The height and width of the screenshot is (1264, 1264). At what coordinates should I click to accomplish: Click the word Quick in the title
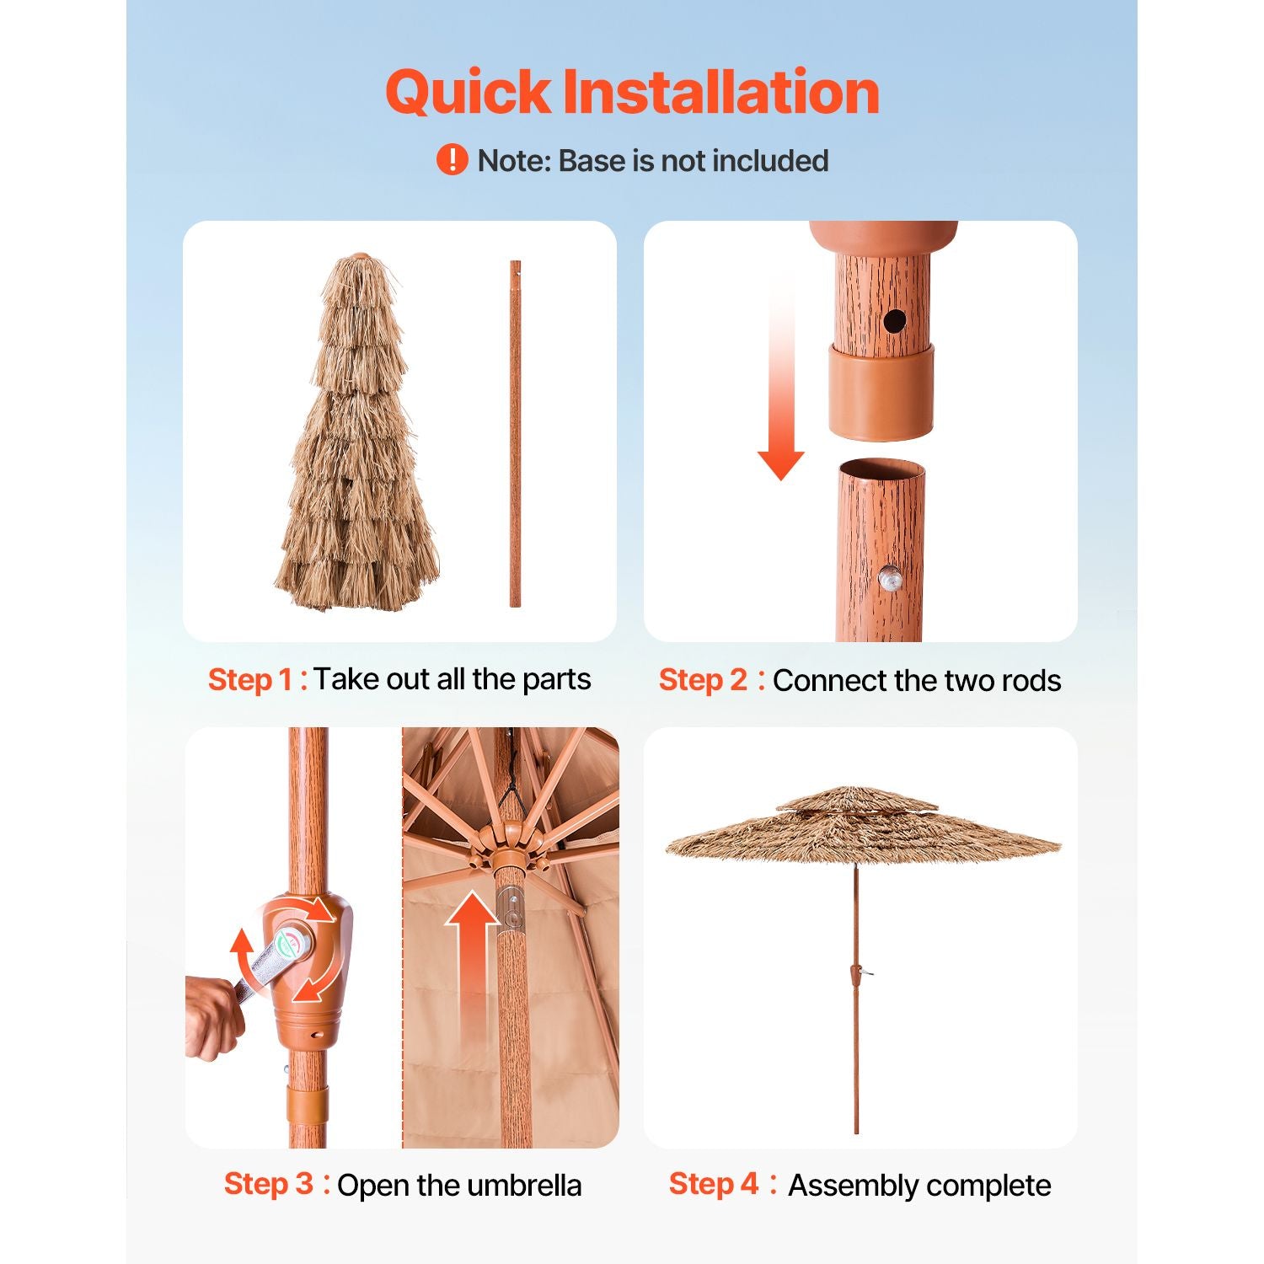click(469, 93)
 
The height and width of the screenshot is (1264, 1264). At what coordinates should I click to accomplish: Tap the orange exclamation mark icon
click(452, 159)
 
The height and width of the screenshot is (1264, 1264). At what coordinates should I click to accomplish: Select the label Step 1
click(250, 679)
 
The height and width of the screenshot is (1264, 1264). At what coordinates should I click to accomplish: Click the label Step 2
click(703, 680)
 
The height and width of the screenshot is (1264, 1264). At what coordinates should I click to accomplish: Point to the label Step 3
click(268, 1184)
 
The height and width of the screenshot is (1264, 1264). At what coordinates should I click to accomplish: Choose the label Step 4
click(714, 1184)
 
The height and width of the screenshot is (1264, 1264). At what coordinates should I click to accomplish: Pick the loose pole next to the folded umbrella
click(515, 433)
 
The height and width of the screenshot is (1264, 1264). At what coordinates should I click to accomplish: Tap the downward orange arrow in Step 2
click(780, 378)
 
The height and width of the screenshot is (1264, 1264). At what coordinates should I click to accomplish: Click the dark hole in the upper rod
click(894, 320)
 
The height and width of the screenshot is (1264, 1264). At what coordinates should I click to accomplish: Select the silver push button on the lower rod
click(890, 579)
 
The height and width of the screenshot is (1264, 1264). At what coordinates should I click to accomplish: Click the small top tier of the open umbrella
click(856, 799)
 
